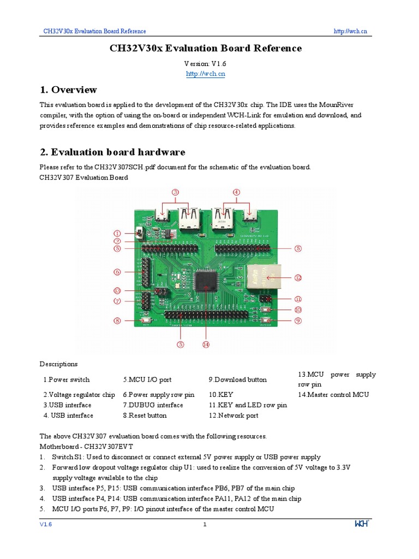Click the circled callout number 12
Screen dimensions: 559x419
pyautogui.click(x=298, y=277)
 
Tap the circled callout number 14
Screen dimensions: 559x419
pyautogui.click(x=206, y=344)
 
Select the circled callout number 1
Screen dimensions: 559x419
pyautogui.click(x=117, y=233)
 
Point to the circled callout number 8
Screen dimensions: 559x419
pyautogui.click(x=117, y=321)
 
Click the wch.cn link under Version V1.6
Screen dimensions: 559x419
pyautogui.click(x=205, y=74)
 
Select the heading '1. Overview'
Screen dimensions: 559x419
pyautogui.click(x=68, y=90)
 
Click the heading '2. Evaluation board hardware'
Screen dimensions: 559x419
pyautogui.click(x=112, y=152)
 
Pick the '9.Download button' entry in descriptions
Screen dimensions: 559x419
pyautogui.click(x=237, y=379)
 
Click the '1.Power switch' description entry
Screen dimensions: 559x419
pyautogui.click(x=66, y=379)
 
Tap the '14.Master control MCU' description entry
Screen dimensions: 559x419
pyautogui.click(x=333, y=395)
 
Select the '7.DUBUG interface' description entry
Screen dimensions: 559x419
pyautogui.click(x=153, y=405)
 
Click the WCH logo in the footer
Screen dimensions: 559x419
pyautogui.click(x=362, y=524)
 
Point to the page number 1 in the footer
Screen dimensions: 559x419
pyautogui.click(x=205, y=525)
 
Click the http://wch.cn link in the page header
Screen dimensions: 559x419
pyautogui.click(x=350, y=32)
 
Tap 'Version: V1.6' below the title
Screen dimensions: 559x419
pyautogui.click(x=205, y=63)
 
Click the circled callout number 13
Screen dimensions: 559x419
pyautogui.click(x=117, y=290)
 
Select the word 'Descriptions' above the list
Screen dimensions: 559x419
pyautogui.click(x=58, y=364)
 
